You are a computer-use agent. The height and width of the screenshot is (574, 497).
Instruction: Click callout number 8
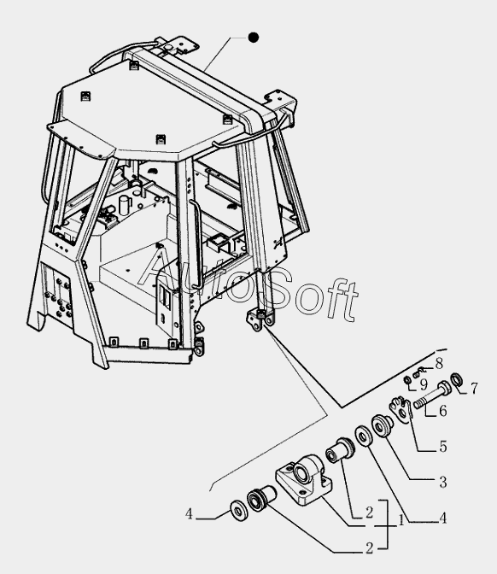coord(438,363)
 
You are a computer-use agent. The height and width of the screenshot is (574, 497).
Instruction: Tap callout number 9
coord(423,384)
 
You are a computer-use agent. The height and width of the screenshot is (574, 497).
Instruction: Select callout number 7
coord(474,388)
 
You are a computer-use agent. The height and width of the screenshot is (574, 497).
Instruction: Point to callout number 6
coord(443,411)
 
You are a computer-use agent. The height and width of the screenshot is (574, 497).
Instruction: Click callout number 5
coord(443,446)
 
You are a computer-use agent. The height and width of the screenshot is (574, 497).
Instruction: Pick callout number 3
coord(443,482)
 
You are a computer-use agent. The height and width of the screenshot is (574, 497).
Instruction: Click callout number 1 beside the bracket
coord(401,520)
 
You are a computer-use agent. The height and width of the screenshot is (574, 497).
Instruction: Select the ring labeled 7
coord(456,379)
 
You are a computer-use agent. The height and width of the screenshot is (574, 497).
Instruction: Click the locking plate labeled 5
coord(401,410)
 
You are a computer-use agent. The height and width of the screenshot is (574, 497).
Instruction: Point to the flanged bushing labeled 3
coord(382,425)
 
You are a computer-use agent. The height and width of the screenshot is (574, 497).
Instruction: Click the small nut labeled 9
coord(407,380)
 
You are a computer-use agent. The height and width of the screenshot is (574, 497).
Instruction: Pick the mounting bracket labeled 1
coord(304,480)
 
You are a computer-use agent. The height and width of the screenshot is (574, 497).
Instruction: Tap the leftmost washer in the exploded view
coord(239,510)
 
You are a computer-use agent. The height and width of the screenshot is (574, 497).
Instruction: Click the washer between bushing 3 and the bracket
coord(364,436)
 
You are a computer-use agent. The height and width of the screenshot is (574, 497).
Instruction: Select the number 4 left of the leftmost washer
coord(189,514)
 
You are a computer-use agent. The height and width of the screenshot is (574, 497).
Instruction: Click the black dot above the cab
coord(254,38)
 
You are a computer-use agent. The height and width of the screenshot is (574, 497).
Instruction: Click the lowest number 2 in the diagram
coord(369,548)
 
